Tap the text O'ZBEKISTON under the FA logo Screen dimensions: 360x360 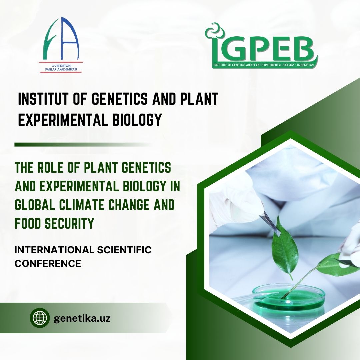coord(61,66)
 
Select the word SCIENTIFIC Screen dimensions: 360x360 coord(124,250)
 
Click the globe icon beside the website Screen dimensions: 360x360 coord(40,318)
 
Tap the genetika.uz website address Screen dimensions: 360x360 coord(82,319)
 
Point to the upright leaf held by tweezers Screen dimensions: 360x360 coord(285,247)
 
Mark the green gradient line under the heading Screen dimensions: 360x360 coord(83,145)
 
